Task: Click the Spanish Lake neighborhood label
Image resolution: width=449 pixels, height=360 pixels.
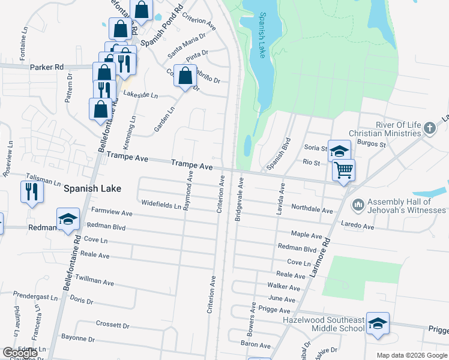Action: pyautogui.click(x=92, y=188)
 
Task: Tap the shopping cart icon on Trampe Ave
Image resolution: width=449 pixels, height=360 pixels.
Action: pyautogui.click(x=343, y=170)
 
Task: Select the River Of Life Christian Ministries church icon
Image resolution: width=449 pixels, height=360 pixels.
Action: pyautogui.click(x=429, y=128)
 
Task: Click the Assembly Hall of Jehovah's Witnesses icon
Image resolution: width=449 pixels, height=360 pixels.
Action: pyautogui.click(x=358, y=205)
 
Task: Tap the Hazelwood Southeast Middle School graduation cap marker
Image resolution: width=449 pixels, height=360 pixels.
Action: pyautogui.click(x=377, y=324)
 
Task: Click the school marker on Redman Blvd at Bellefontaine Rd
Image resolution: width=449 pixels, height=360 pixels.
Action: pyautogui.click(x=68, y=220)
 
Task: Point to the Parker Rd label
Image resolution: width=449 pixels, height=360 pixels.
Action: pyautogui.click(x=47, y=67)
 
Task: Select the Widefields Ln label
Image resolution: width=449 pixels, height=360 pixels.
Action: pyautogui.click(x=161, y=204)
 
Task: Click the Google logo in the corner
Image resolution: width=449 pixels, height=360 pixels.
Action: pyautogui.click(x=20, y=353)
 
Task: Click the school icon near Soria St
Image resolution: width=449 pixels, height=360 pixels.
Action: pyautogui.click(x=339, y=151)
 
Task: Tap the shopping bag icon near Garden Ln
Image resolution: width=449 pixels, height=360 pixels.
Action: pyautogui.click(x=185, y=76)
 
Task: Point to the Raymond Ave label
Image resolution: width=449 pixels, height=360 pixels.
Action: pyautogui.click(x=188, y=190)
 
